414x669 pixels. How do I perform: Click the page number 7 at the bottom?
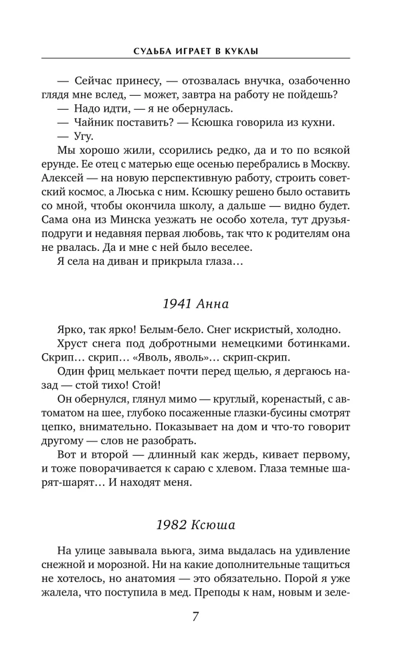[195, 616]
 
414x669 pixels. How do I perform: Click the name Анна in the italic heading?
[213, 304]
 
